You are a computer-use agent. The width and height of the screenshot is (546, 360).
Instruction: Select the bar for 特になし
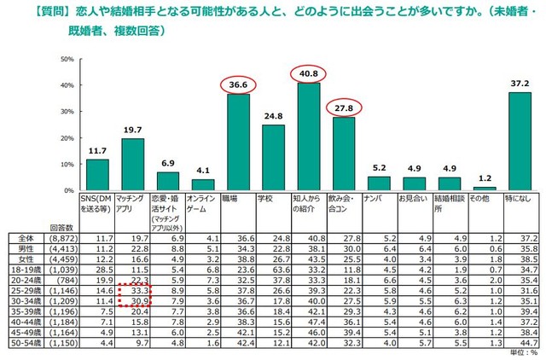pos(519,142)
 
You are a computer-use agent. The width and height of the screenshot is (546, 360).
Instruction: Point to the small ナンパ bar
pos(379,183)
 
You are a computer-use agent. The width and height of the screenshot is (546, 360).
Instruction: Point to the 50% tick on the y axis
pos(67,60)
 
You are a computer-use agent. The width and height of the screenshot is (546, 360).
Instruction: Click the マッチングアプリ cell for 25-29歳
pos(138,290)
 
